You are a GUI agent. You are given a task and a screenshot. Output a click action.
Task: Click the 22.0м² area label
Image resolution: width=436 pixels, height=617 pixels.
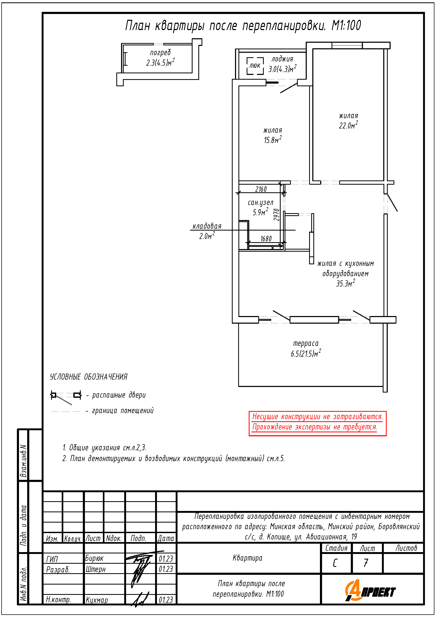tap(348, 125)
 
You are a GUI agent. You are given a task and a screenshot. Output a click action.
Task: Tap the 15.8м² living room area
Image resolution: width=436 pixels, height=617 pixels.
tap(273, 140)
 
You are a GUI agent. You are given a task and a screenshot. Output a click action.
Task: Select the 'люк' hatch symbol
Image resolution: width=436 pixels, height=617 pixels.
tap(255, 66)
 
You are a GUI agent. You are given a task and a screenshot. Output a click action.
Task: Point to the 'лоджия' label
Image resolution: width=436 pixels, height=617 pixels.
tap(282, 59)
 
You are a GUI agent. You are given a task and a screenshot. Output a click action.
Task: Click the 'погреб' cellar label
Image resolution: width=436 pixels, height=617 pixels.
tap(160, 53)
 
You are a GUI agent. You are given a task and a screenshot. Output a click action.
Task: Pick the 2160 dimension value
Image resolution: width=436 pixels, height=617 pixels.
tap(261, 189)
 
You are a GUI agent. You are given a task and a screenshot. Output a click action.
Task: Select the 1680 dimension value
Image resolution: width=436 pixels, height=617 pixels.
tap(266, 239)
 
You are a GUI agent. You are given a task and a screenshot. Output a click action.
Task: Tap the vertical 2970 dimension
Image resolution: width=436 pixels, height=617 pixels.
tap(276, 215)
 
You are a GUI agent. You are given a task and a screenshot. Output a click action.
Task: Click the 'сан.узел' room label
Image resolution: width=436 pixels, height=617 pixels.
tap(260, 203)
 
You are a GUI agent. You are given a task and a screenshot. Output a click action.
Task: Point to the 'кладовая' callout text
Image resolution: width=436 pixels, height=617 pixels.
tap(207, 226)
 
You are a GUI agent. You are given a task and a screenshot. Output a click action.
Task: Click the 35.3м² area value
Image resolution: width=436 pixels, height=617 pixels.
tap(346, 283)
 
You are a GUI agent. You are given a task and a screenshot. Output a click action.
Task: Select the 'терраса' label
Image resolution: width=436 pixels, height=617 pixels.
tap(306, 343)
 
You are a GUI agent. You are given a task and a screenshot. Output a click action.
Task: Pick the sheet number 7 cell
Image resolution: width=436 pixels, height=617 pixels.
tap(366, 563)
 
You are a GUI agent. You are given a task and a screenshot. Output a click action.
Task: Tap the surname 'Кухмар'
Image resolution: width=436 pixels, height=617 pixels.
tap(97, 600)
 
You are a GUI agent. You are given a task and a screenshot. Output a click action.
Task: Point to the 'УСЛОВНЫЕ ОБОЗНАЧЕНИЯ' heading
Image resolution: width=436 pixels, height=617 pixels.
tap(89, 377)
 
